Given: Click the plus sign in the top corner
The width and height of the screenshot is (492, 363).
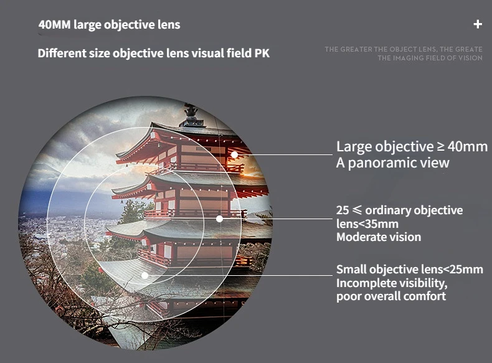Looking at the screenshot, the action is (x=478, y=24).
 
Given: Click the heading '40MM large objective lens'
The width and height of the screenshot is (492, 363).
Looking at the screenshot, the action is (x=109, y=25).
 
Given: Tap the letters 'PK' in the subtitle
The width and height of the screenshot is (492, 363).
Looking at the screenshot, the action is (x=262, y=53).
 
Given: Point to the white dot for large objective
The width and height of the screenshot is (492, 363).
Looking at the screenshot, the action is (x=234, y=154).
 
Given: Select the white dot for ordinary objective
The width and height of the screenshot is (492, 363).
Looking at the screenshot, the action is (x=219, y=219).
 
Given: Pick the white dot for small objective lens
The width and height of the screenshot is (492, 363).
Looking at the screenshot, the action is (x=144, y=275).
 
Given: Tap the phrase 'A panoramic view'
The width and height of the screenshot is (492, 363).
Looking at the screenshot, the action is (x=392, y=163).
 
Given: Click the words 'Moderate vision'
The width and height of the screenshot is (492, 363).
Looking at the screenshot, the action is (x=379, y=237).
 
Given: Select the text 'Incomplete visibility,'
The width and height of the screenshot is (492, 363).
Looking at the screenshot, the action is (x=392, y=283).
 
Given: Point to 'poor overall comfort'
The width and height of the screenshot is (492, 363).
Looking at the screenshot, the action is (x=391, y=296).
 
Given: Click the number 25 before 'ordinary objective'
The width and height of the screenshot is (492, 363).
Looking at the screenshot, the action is (x=343, y=210).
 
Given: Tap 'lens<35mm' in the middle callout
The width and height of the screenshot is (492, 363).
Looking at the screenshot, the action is (x=367, y=224).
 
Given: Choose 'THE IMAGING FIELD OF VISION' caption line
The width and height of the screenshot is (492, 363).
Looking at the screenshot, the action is (x=430, y=58).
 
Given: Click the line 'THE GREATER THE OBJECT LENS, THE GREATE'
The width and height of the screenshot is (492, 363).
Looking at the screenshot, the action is (x=404, y=49).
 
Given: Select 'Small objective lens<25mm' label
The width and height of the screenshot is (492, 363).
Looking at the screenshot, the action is (x=410, y=270).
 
